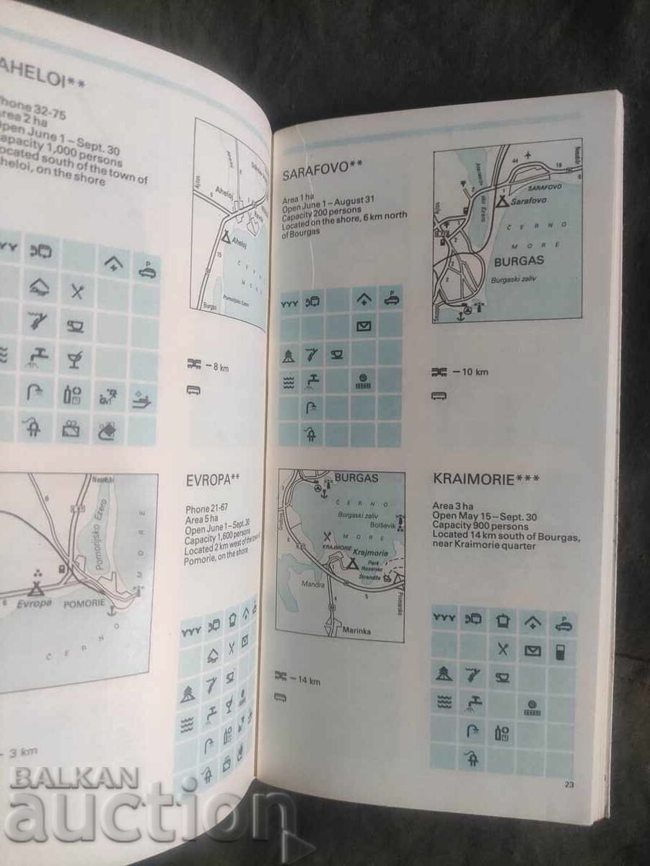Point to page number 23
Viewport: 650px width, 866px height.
pyautogui.click(x=568, y=785)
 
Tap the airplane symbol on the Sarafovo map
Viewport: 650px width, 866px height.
pyautogui.click(x=531, y=154)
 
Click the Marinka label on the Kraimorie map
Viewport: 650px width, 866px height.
pyautogui.click(x=356, y=630)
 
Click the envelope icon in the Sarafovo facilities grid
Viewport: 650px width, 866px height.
pyautogui.click(x=365, y=327)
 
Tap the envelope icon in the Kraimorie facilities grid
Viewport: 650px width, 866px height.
pyautogui.click(x=532, y=650)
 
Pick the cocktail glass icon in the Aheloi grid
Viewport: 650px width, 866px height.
pyautogui.click(x=75, y=357)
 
